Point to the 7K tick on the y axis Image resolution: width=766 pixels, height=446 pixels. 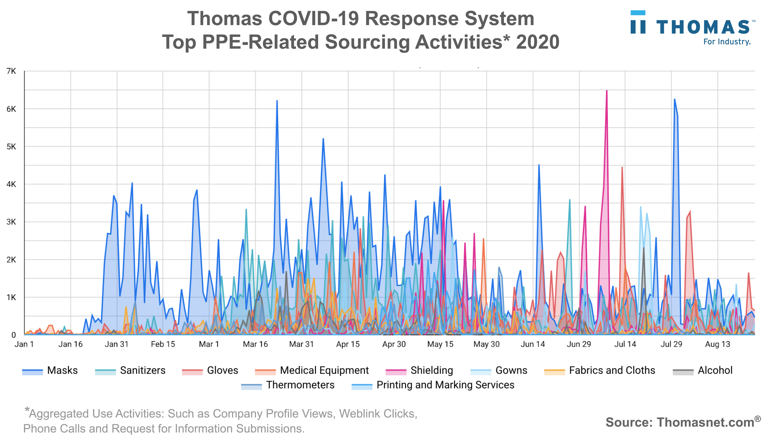tap(11, 71)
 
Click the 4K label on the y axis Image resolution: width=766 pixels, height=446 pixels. tap(11, 184)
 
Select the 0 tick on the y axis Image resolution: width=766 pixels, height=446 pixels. tap(13, 335)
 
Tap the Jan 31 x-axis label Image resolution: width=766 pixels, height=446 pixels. tap(116, 344)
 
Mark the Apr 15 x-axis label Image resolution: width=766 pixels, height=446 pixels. tap(348, 344)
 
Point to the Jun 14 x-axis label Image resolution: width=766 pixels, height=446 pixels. tap(533, 344)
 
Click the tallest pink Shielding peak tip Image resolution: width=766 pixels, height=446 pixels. tap(607, 91)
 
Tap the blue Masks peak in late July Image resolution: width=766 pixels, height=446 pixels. tap(674, 99)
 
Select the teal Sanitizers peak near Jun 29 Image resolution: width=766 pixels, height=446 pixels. tap(570, 200)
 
